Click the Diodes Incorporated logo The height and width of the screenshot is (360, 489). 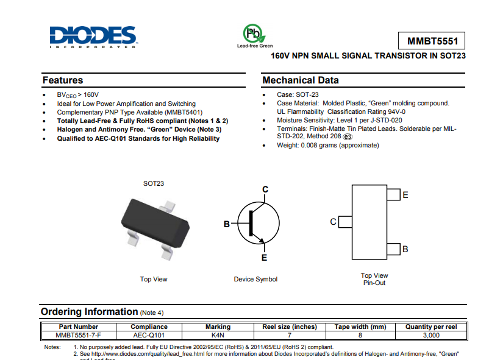[93, 36]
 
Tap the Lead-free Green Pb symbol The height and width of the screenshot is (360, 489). [252, 33]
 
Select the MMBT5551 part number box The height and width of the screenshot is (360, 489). [432, 41]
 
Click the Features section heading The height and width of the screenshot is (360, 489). [63, 80]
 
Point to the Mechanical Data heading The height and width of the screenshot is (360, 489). [300, 80]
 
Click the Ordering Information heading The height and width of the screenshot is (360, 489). [89, 312]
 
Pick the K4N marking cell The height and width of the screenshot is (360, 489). [218, 335]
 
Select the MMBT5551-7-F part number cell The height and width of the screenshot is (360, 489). [78, 335]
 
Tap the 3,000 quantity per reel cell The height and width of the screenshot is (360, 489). [431, 335]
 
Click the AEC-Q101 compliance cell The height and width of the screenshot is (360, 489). [149, 335]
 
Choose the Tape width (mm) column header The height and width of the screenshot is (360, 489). [360, 327]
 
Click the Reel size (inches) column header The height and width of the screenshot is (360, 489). [290, 327]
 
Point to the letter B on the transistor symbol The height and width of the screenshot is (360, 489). [226, 224]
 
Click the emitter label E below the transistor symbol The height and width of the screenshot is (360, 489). [264, 258]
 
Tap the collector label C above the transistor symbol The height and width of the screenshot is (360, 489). [265, 189]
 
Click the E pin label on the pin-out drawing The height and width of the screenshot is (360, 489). [405, 195]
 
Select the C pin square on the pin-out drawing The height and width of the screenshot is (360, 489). [345, 222]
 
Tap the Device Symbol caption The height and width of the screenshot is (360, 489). [255, 280]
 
